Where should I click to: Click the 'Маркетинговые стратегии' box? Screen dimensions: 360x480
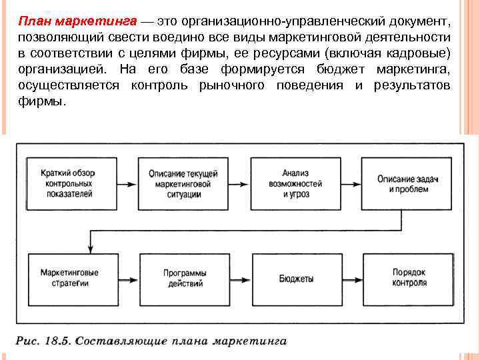tap(69, 278)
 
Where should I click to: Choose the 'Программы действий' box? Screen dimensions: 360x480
tap(185, 278)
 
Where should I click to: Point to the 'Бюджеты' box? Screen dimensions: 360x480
tap(296, 278)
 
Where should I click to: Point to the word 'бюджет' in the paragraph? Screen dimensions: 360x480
tap(347, 69)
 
